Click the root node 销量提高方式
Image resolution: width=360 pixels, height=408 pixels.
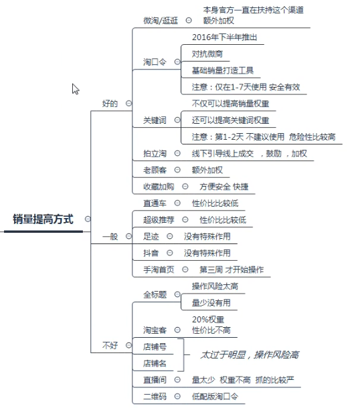click(43, 219)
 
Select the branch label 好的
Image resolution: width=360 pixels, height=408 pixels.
click(110, 104)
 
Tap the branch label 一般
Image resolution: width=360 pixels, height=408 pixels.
click(110, 237)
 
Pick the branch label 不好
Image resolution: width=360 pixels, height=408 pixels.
click(110, 346)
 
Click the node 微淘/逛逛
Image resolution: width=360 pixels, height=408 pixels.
click(161, 21)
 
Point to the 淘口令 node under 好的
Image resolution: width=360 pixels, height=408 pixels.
click(155, 62)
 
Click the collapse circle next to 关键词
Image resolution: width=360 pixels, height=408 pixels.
click(177, 120)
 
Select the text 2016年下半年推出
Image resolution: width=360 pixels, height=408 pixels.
click(225, 37)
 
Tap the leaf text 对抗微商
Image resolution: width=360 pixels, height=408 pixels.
click(207, 54)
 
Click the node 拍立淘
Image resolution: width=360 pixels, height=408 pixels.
click(155, 154)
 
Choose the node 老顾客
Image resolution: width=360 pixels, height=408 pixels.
click(155, 170)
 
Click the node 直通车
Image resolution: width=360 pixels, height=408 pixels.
click(155, 203)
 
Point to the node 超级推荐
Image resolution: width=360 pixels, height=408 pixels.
click(159, 220)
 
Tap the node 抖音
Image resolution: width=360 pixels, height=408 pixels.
click(151, 253)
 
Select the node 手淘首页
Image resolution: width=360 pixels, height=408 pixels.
click(159, 270)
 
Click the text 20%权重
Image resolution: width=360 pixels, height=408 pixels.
click(208, 319)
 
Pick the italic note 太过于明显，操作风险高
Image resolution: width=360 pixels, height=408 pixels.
click(250, 354)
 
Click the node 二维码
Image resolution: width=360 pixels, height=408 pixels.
click(155, 396)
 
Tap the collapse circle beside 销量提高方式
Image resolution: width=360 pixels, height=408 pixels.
click(88, 219)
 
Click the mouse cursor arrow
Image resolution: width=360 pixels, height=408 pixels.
click(76, 89)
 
